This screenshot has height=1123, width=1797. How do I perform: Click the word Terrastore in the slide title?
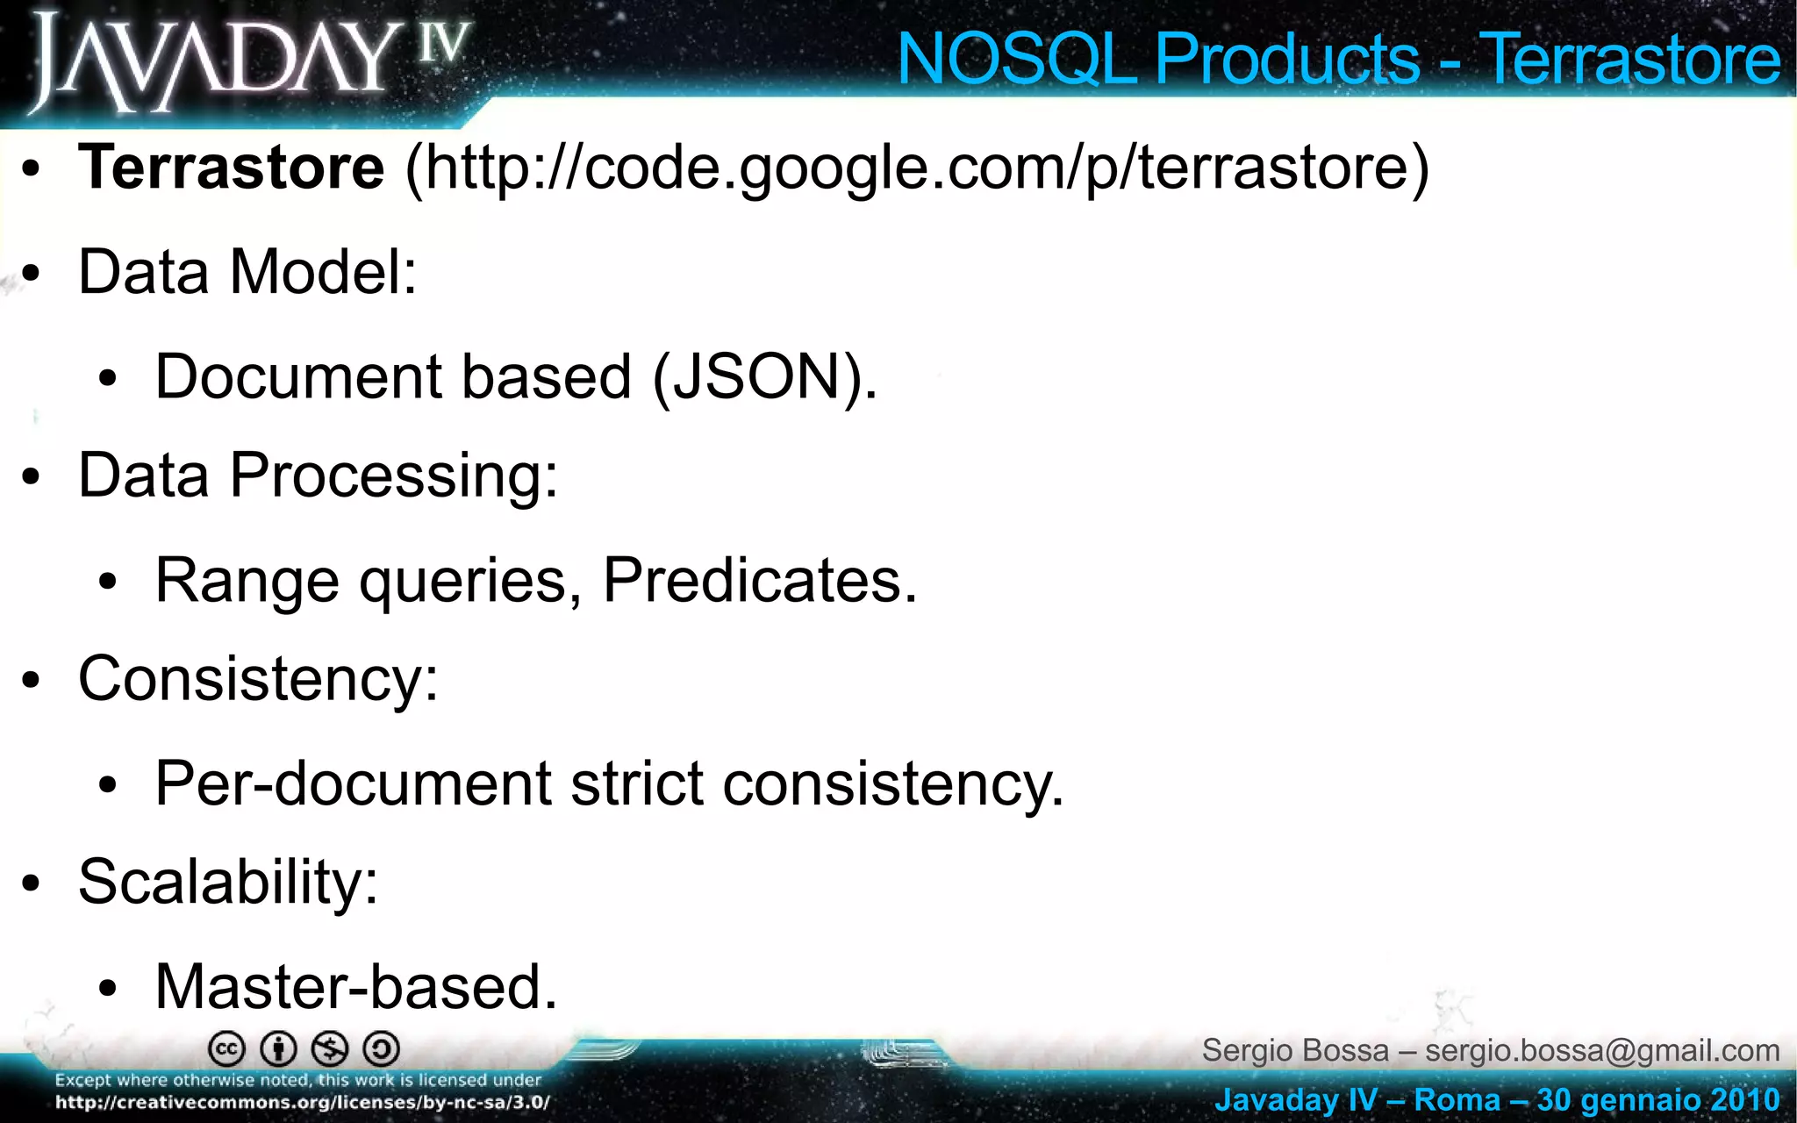1630,60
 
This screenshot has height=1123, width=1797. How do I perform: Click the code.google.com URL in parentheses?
917,168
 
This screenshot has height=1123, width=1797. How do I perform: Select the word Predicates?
759,580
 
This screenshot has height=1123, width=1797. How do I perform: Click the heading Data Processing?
318,476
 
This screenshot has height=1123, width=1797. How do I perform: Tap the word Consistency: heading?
258,679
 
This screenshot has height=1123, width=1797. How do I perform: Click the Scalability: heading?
228,882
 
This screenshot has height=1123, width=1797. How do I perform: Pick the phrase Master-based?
356,987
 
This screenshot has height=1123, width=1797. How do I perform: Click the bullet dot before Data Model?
32,274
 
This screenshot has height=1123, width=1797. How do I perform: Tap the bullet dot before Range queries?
108,582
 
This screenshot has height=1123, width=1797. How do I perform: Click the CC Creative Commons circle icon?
226,1048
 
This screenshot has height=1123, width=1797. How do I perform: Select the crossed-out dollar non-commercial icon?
331,1048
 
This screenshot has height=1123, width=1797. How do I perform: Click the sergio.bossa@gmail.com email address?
1602,1050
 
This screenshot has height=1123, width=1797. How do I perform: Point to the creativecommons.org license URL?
303,1103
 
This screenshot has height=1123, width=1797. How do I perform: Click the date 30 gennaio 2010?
1658,1099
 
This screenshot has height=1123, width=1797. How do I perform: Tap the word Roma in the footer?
1457,1099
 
